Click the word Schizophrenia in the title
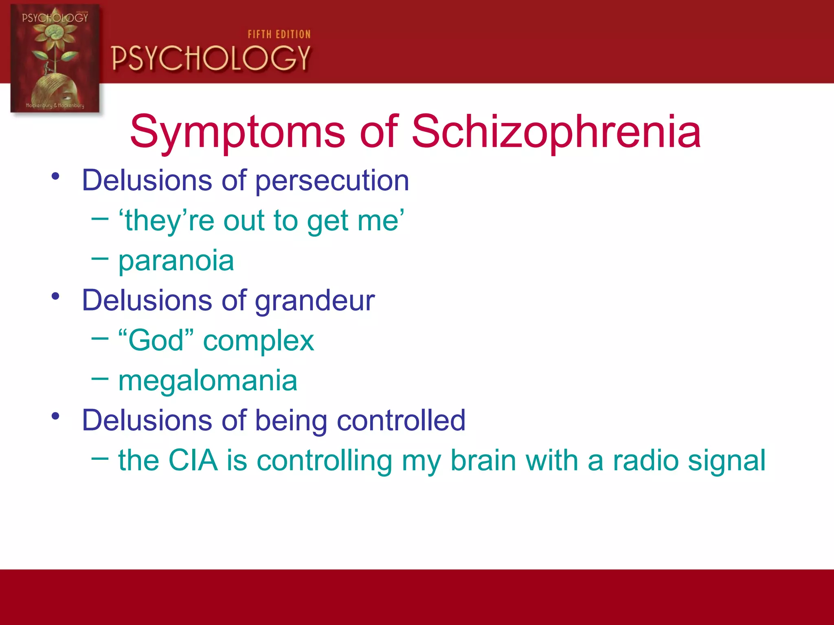coord(556,132)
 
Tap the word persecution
coord(332,181)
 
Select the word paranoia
coord(176,261)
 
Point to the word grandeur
coord(314,301)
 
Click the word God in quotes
coord(156,340)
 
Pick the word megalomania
coord(208,380)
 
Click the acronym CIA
coord(193,460)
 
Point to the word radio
coord(645,460)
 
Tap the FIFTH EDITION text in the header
coord(279,35)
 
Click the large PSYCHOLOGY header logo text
coord(211,58)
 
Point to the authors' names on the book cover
coord(55,105)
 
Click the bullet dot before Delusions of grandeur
coord(56,296)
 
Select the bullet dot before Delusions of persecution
coord(56,176)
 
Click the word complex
coord(259,340)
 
